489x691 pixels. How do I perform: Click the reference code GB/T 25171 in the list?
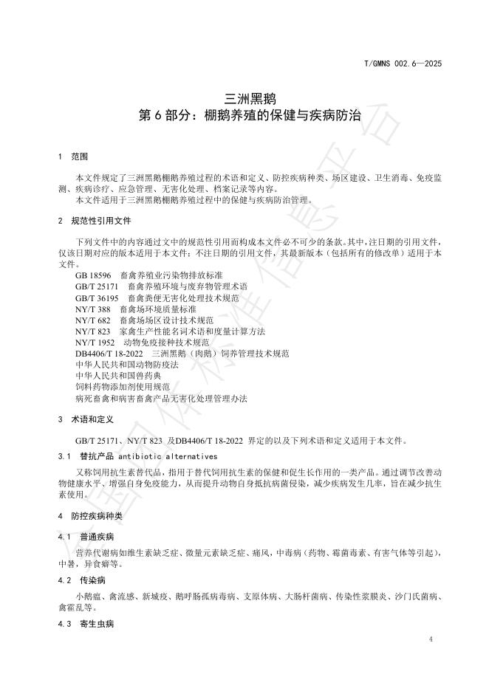97,286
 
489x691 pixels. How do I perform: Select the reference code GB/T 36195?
97,298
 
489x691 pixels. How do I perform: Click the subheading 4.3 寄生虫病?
86,625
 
